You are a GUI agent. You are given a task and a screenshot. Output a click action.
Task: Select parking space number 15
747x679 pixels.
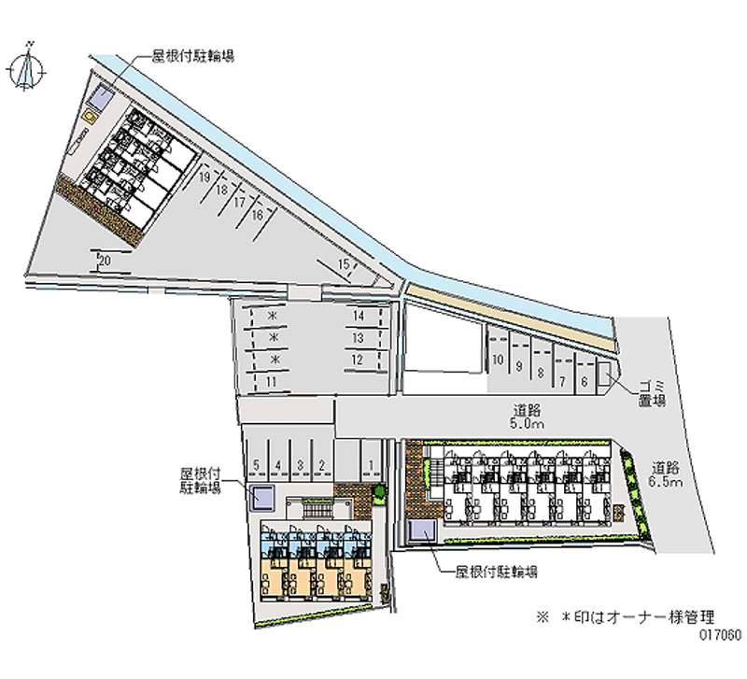(x=344, y=266)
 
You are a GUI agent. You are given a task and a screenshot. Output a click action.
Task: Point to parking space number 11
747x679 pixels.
(x=271, y=382)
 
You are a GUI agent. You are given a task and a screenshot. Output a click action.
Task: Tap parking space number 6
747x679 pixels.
(x=584, y=381)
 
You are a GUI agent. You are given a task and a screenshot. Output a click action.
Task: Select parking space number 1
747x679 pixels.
(x=373, y=463)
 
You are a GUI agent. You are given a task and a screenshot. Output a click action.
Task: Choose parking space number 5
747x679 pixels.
(x=256, y=463)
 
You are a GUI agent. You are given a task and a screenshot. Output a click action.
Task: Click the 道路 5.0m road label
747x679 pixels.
(x=529, y=417)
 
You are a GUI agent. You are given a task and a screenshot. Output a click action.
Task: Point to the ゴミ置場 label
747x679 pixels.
(x=652, y=393)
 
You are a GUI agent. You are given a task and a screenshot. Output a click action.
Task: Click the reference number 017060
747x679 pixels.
(x=717, y=633)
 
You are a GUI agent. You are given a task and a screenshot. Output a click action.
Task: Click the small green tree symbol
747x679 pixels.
(x=378, y=490)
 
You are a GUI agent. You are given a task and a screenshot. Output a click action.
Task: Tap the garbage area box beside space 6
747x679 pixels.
(x=604, y=375)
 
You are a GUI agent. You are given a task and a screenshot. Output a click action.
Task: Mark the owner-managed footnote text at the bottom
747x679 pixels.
(x=626, y=616)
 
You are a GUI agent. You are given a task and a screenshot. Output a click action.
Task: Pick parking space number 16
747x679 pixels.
(x=255, y=214)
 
